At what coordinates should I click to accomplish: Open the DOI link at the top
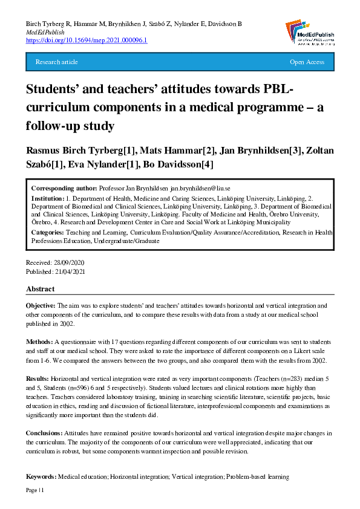pos(87,41)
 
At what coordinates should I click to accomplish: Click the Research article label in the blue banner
pos(57,62)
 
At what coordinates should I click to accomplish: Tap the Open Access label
pos(307,62)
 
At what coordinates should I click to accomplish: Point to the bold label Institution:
pos(48,198)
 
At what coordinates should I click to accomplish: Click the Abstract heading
pos(40,289)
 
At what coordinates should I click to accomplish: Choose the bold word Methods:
pos(39,339)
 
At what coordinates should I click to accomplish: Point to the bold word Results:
pos(38,378)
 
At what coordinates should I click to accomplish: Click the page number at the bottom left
pos(36,490)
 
